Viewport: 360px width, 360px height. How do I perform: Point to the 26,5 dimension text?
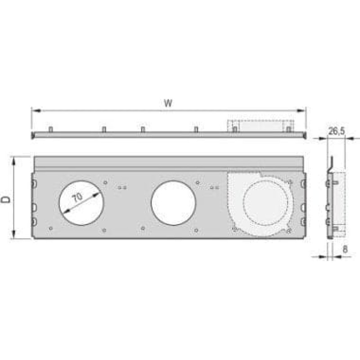[336, 131]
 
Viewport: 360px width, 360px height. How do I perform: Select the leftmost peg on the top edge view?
[50, 130]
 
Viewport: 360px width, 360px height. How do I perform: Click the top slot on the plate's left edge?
[34, 184]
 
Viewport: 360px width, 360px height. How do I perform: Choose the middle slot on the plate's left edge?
[34, 207]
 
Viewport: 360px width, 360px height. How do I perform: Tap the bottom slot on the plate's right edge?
[303, 221]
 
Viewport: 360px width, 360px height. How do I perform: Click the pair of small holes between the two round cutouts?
[122, 187]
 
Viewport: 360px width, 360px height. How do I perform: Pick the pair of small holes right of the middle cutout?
[215, 187]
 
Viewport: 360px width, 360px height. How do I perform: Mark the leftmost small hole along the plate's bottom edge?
[51, 228]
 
